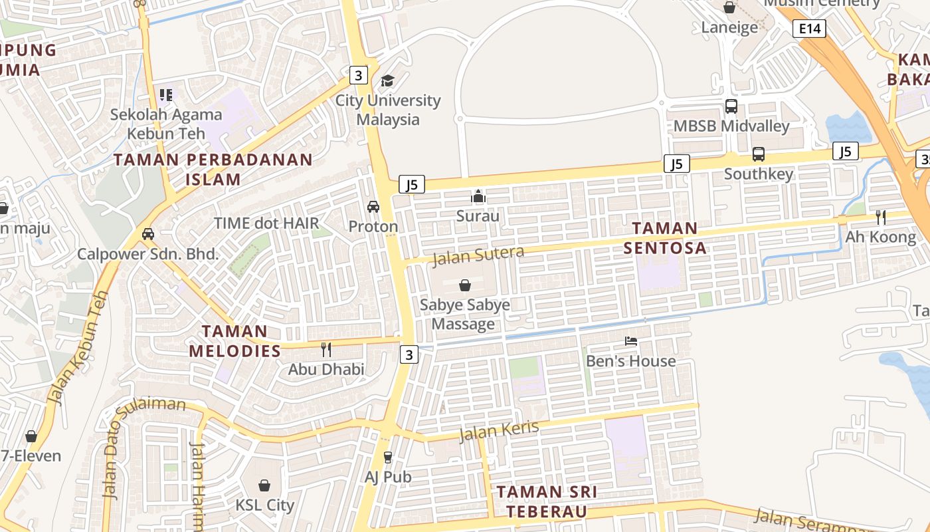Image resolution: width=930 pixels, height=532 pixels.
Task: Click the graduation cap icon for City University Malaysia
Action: pyautogui.click(x=387, y=81)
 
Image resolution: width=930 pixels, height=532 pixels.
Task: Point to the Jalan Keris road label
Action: pyautogui.click(x=499, y=430)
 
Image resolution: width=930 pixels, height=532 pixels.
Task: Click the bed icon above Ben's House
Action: pyautogui.click(x=631, y=341)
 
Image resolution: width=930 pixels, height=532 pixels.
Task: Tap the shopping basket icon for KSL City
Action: pyautogui.click(x=264, y=485)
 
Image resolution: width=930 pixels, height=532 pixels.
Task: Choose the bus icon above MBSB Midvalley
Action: pyautogui.click(x=731, y=106)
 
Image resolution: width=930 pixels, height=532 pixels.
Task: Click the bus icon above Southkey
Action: pyautogui.click(x=758, y=154)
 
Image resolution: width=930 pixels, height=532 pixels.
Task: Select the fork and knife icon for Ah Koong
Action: pyautogui.click(x=880, y=217)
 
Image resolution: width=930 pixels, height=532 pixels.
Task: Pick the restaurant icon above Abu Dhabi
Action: pyautogui.click(x=326, y=349)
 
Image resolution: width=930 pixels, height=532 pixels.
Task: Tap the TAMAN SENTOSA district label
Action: pyautogui.click(x=664, y=238)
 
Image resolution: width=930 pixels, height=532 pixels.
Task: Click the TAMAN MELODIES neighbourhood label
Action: pyautogui.click(x=235, y=340)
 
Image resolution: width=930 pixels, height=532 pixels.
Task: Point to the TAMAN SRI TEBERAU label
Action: pyautogui.click(x=547, y=501)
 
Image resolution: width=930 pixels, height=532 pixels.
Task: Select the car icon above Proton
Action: pyautogui.click(x=373, y=207)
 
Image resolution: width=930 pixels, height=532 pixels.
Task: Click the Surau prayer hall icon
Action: pyautogui.click(x=478, y=196)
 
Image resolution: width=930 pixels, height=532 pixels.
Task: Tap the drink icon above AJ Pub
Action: pyautogui.click(x=388, y=457)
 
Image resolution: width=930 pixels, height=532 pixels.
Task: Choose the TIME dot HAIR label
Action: pyautogui.click(x=266, y=223)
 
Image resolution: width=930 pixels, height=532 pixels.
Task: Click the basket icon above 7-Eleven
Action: pyautogui.click(x=31, y=436)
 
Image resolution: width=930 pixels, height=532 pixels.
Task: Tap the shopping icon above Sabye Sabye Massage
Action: pyautogui.click(x=464, y=285)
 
